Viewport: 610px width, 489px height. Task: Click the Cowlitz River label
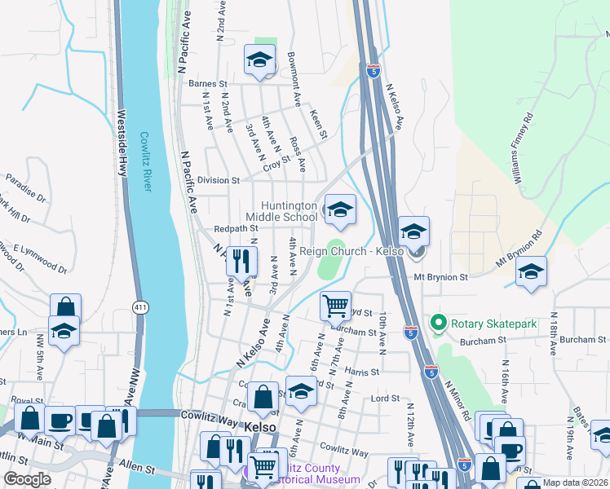[x=145, y=162]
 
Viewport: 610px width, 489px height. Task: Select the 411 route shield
[x=139, y=306]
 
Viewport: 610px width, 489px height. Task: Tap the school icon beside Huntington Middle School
[x=339, y=210]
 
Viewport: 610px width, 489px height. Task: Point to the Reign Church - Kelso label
[x=352, y=251]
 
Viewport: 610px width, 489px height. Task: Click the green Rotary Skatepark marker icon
[x=438, y=324]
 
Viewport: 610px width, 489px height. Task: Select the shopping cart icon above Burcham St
[x=335, y=306]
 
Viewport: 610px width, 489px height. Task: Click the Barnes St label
[x=207, y=83]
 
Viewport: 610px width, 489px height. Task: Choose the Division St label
[x=219, y=180]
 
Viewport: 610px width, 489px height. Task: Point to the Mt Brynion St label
[x=440, y=277]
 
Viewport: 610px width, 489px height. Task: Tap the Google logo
[x=27, y=479]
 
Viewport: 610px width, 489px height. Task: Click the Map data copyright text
[x=575, y=482]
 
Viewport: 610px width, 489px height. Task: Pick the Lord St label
[x=385, y=399]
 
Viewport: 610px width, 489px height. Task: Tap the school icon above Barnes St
[x=259, y=60]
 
